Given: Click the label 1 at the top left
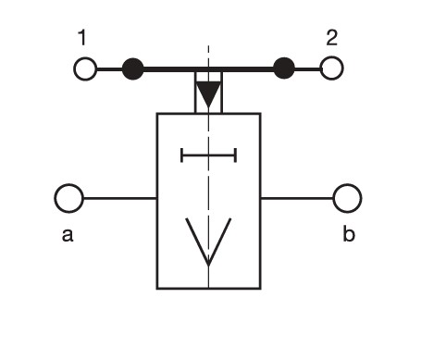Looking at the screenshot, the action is point(82,38).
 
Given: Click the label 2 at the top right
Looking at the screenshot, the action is point(332,38).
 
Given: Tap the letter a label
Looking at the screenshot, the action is point(68,234).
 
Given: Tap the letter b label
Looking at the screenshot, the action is point(349,233).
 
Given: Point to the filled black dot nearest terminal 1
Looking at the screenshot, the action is point(133,69).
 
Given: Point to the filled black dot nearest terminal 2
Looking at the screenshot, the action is point(284,68).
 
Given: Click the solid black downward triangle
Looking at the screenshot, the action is point(209,93).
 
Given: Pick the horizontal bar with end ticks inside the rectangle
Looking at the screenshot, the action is point(209,155).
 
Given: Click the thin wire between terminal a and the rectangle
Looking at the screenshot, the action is point(120,198).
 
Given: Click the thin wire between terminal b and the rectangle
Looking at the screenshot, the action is point(297,198).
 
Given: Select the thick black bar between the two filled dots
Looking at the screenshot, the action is point(208,68).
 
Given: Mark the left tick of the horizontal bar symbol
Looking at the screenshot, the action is point(182,155).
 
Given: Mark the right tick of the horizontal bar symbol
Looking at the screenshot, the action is point(236,155).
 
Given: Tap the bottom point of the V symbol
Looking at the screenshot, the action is point(208,266).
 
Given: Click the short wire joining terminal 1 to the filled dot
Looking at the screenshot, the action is point(109,69).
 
